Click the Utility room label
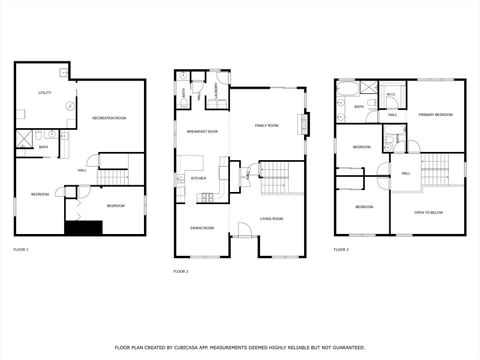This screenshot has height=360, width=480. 45,92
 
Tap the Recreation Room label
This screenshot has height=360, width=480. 109,118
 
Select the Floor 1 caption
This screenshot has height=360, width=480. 21,249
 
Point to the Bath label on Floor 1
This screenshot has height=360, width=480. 43,147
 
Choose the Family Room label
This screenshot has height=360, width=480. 266,125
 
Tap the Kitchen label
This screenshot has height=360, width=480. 199,179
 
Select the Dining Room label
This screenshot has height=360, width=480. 203,227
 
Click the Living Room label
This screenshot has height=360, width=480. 272,218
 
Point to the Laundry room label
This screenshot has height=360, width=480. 217,91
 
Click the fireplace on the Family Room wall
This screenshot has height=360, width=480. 303,124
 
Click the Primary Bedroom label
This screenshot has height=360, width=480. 436,115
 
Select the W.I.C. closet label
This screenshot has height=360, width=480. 391,95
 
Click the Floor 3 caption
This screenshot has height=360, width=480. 341,249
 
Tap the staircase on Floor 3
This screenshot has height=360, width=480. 441,170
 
